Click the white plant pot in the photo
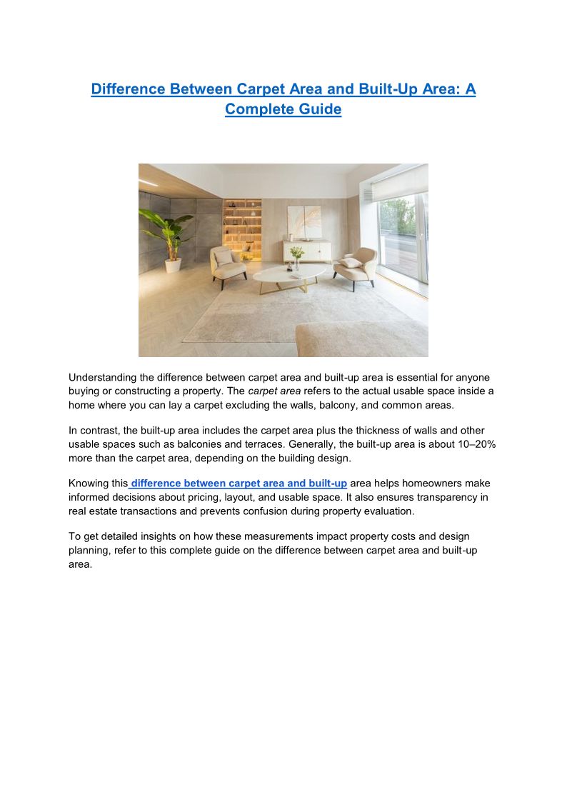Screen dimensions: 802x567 pos(174,265)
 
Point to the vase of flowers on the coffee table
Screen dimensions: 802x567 pos(296,256)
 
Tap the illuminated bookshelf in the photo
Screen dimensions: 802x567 pos(242,229)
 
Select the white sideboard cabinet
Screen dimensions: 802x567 pos(307,251)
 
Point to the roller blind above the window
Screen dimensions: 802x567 pos(398,183)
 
